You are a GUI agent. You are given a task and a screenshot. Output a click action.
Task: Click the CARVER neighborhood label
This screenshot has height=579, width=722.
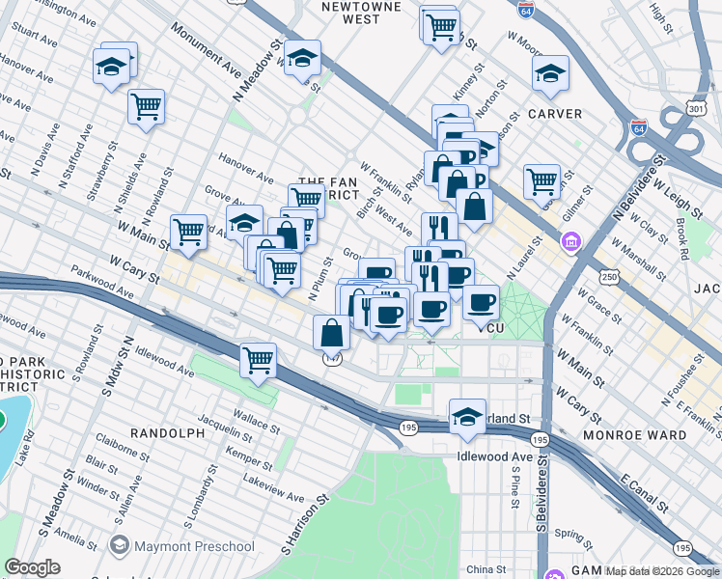(x=554, y=114)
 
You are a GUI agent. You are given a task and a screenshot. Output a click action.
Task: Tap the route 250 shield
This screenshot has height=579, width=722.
(x=609, y=277)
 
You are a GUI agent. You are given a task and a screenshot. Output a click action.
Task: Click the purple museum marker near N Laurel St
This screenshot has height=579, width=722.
(x=571, y=240)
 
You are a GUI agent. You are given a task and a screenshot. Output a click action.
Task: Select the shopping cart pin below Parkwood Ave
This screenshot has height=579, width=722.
(x=259, y=360)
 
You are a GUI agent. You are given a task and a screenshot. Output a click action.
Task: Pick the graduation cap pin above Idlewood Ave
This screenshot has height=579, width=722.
(x=467, y=416)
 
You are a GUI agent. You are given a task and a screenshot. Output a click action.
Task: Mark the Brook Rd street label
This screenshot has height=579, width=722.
(x=681, y=238)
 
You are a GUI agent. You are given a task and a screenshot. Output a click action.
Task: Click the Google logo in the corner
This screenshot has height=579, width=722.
(x=33, y=567)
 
